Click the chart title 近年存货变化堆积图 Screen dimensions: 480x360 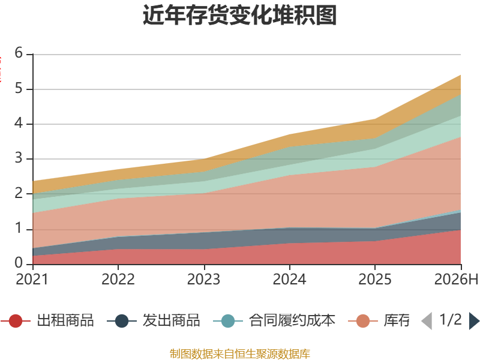(x=239, y=15)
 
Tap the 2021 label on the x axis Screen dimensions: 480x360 (x=32, y=279)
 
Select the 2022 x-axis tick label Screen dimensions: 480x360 (x=118, y=279)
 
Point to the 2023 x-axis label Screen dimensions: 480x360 (x=204, y=279)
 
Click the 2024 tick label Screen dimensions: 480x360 (x=290, y=279)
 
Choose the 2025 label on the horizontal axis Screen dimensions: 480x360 (x=375, y=279)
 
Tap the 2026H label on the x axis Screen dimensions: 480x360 (x=456, y=279)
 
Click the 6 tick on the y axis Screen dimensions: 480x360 (x=19, y=53)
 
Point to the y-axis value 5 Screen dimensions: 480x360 (x=19, y=88)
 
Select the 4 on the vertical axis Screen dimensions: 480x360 (x=19, y=124)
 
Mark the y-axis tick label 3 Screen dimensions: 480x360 (x=19, y=158)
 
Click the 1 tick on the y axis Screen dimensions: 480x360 (x=19, y=229)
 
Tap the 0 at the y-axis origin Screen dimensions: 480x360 (x=19, y=263)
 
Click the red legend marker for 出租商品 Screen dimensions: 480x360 (x=16, y=321)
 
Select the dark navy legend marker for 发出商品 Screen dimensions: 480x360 (x=122, y=321)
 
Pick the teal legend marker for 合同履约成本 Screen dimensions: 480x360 (x=228, y=321)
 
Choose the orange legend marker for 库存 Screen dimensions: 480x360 (x=363, y=321)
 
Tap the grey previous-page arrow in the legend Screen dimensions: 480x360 (x=427, y=321)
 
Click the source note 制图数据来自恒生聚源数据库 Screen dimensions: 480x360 (x=240, y=354)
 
